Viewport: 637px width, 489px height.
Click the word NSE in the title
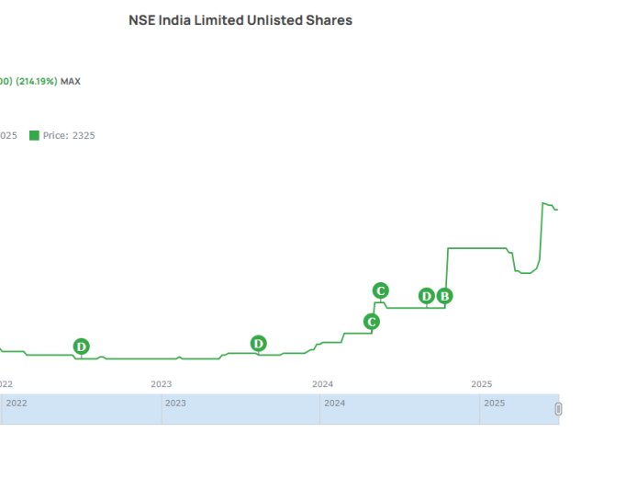[x=142, y=20]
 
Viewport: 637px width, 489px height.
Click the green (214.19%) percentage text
[x=36, y=81]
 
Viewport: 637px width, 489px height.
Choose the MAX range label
[x=71, y=81]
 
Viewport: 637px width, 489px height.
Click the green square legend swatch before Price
[x=34, y=135]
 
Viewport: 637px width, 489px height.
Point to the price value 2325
[x=84, y=135]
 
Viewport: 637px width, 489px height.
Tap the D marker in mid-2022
[x=82, y=347]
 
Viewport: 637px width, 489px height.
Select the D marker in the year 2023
[x=259, y=344]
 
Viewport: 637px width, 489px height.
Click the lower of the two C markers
[x=372, y=322]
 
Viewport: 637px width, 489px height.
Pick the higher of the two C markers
[x=381, y=290]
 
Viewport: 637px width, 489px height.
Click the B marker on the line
[x=444, y=296]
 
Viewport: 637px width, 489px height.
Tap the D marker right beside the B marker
[x=427, y=296]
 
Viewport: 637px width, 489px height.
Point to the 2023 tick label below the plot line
[x=162, y=383]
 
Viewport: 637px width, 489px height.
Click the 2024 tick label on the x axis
[x=322, y=383]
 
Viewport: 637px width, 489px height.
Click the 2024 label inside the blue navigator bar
[x=335, y=403]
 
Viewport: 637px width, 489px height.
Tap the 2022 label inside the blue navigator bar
[x=17, y=403]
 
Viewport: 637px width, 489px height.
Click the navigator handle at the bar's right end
[x=558, y=409]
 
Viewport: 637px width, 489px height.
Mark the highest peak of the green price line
[x=543, y=203]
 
